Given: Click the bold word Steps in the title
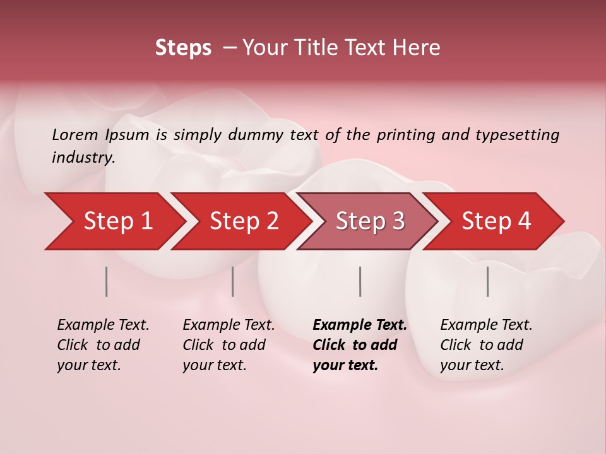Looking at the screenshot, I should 183,48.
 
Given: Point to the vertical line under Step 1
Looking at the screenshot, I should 107,281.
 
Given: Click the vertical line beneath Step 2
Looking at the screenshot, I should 233,281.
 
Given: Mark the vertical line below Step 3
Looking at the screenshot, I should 360,281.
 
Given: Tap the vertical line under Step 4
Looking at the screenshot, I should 488,281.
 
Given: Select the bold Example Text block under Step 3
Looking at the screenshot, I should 360,345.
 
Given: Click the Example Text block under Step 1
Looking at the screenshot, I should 103,345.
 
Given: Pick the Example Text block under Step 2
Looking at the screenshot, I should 229,345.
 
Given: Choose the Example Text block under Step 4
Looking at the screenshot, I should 486,345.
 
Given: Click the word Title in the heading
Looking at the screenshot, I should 312,48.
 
